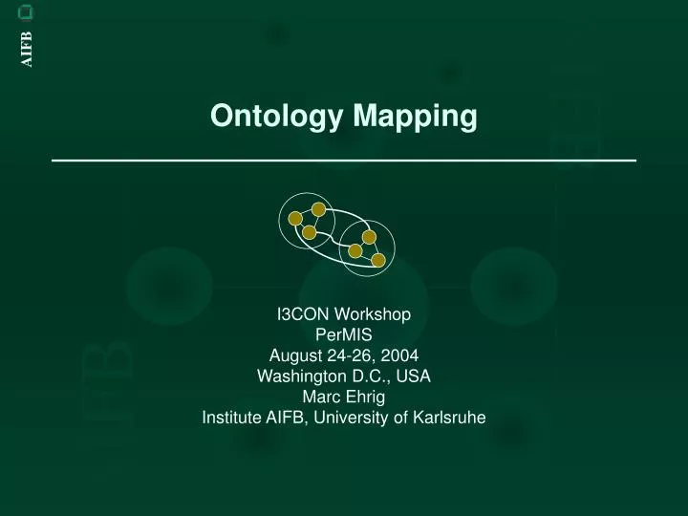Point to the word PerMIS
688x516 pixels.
pos(344,334)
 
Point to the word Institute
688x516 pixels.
pos(232,418)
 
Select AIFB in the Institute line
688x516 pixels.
pos(286,418)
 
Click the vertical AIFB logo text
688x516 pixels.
pos(27,49)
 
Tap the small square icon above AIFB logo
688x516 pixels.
pos(27,12)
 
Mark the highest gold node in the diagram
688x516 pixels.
pos(318,209)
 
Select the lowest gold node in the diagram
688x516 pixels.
pos(378,260)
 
